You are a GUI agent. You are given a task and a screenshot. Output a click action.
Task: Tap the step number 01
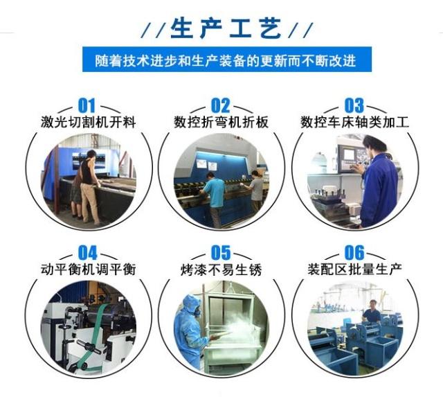(x=87, y=106)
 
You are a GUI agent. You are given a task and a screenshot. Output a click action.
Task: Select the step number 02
(x=220, y=106)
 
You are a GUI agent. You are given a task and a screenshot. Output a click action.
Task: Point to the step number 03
(x=354, y=106)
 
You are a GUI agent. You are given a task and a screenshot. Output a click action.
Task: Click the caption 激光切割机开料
(x=88, y=123)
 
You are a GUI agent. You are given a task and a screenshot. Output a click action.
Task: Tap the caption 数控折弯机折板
(x=221, y=123)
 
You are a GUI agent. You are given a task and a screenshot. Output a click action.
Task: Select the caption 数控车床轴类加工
(x=354, y=123)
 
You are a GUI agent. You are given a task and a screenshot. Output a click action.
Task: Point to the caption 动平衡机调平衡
(x=88, y=269)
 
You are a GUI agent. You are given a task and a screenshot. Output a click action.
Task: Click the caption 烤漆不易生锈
(x=221, y=269)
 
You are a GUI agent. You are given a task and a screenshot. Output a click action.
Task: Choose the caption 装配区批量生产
(x=354, y=269)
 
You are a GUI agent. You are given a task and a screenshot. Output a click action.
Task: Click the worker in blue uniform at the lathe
(x=379, y=184)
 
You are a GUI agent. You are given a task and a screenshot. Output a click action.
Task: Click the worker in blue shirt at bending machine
(x=215, y=197)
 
